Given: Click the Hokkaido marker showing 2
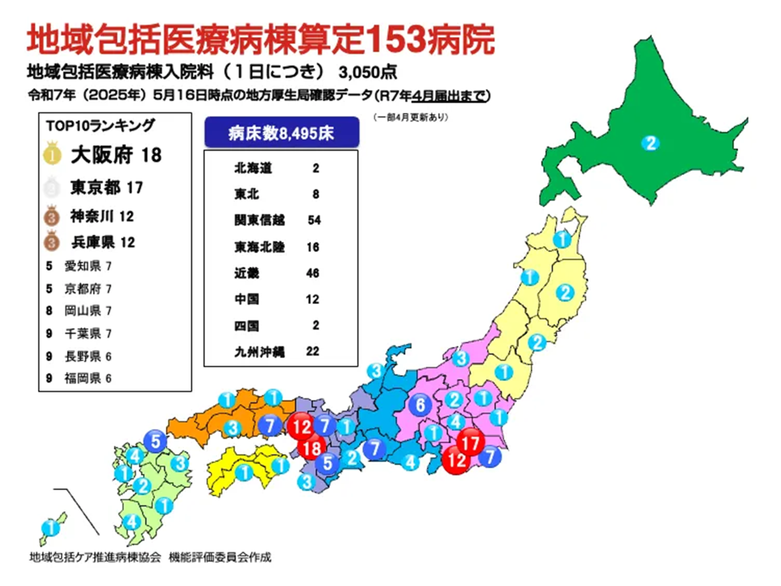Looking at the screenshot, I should tap(650, 143).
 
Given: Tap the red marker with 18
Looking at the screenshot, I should tap(313, 449).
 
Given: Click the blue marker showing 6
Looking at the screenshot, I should tap(420, 405).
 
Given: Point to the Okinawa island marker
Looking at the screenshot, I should tap(49, 528).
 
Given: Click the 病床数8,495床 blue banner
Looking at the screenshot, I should tap(281, 133).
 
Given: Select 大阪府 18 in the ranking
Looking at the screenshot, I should tap(115, 156).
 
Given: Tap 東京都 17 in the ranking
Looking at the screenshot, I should tap(106, 188).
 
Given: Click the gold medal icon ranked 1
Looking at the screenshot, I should tap(53, 156).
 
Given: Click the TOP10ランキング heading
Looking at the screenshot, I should tap(101, 124).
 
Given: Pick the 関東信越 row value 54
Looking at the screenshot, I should tap(314, 221).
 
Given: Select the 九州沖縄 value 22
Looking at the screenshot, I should tap(312, 351).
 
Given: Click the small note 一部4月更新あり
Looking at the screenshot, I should tap(411, 117).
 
